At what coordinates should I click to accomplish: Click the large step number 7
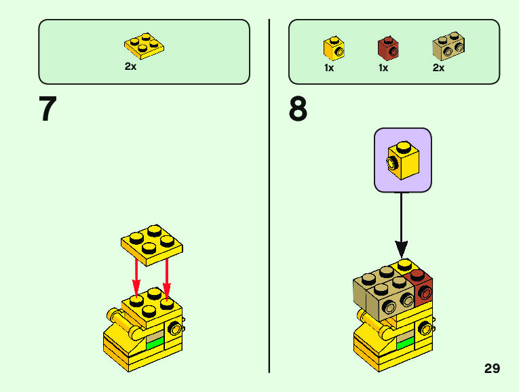tap(47, 109)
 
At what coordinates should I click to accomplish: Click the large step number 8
tap(298, 109)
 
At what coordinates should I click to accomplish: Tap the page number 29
tap(492, 368)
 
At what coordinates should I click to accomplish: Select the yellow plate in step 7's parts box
tap(144, 45)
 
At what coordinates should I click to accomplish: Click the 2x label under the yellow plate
tap(130, 66)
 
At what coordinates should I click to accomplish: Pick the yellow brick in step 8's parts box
tap(333, 47)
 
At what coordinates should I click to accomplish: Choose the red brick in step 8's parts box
tap(388, 47)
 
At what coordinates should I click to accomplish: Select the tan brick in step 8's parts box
tap(448, 47)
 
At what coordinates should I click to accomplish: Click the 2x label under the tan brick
tap(438, 68)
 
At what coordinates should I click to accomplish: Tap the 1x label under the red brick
tap(383, 68)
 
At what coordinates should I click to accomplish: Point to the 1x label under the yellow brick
tap(329, 68)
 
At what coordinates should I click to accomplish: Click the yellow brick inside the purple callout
tap(402, 160)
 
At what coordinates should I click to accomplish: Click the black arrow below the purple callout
tap(402, 224)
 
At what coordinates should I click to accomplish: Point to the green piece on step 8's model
tap(406, 343)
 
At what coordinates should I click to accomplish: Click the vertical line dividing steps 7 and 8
tap(269, 197)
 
